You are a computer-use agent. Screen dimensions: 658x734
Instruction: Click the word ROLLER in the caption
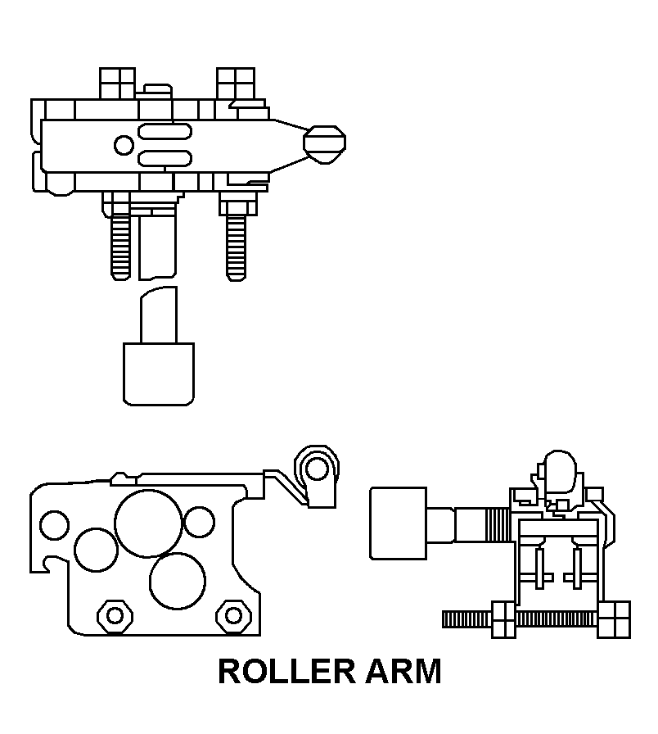(286, 671)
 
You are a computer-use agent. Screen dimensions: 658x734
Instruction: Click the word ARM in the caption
(403, 671)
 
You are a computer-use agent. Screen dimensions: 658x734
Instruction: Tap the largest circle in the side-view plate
(148, 523)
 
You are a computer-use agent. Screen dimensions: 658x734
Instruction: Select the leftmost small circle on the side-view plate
(54, 525)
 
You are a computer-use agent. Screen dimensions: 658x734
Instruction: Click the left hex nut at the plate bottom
(115, 615)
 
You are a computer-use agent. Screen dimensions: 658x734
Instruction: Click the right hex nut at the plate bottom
(233, 615)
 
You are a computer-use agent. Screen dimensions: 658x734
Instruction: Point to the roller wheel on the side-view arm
(317, 469)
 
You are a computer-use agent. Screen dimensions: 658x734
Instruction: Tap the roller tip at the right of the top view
(325, 145)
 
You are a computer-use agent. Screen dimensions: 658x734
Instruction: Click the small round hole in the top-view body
(124, 145)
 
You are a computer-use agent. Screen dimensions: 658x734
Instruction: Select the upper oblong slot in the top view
(164, 132)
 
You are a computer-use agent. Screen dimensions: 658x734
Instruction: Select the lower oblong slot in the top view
(164, 158)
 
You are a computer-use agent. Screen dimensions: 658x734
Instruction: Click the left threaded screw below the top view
(120, 247)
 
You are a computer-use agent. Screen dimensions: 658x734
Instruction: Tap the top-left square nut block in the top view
(117, 84)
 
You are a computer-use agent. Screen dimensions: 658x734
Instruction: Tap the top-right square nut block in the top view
(236, 84)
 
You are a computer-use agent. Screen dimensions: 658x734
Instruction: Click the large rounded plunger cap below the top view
(159, 374)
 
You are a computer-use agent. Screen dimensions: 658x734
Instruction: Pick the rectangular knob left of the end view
(399, 523)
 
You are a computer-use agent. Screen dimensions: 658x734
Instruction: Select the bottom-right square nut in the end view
(614, 620)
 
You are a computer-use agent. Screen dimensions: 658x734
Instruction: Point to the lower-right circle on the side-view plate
(178, 581)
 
